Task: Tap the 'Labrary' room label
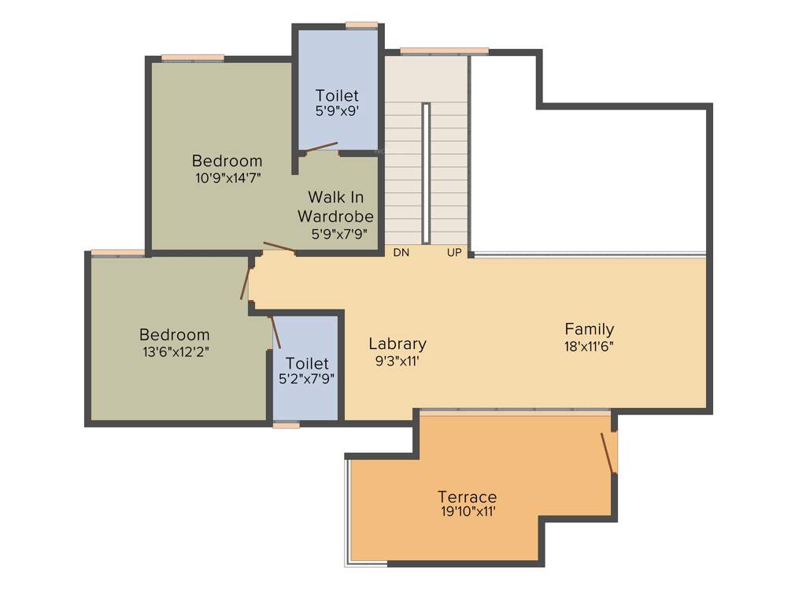tap(397, 343)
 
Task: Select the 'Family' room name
tap(589, 329)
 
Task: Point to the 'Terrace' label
tap(468, 497)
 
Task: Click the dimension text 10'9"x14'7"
tap(227, 178)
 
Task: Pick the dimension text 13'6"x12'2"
tap(174, 351)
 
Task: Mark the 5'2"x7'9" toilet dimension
tap(307, 379)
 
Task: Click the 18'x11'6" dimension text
tap(589, 345)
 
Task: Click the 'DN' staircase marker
tap(401, 253)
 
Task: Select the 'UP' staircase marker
tap(454, 253)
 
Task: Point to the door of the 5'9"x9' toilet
tap(321, 147)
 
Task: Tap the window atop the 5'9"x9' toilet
tap(361, 25)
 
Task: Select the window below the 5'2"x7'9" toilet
tap(287, 425)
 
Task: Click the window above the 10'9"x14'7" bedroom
tap(193, 58)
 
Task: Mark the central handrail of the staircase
tap(426, 173)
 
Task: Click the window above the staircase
tap(444, 51)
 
